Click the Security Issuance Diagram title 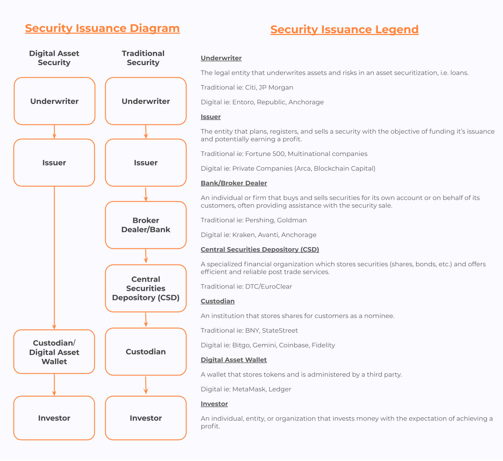[102, 28]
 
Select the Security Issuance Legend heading [345, 30]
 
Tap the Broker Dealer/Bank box [146, 225]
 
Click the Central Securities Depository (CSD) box [146, 289]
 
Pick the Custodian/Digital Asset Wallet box [54, 351]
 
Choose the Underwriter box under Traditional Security [146, 101]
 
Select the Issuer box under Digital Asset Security [54, 163]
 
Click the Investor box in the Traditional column [146, 418]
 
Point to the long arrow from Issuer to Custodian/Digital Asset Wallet [54, 258]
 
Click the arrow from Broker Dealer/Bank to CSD [146, 256]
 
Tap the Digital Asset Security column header [54, 58]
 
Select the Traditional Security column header [143, 58]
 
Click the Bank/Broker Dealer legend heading [234, 183]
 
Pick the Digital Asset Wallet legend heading [234, 360]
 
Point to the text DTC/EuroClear [269, 286]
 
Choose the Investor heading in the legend [214, 403]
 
